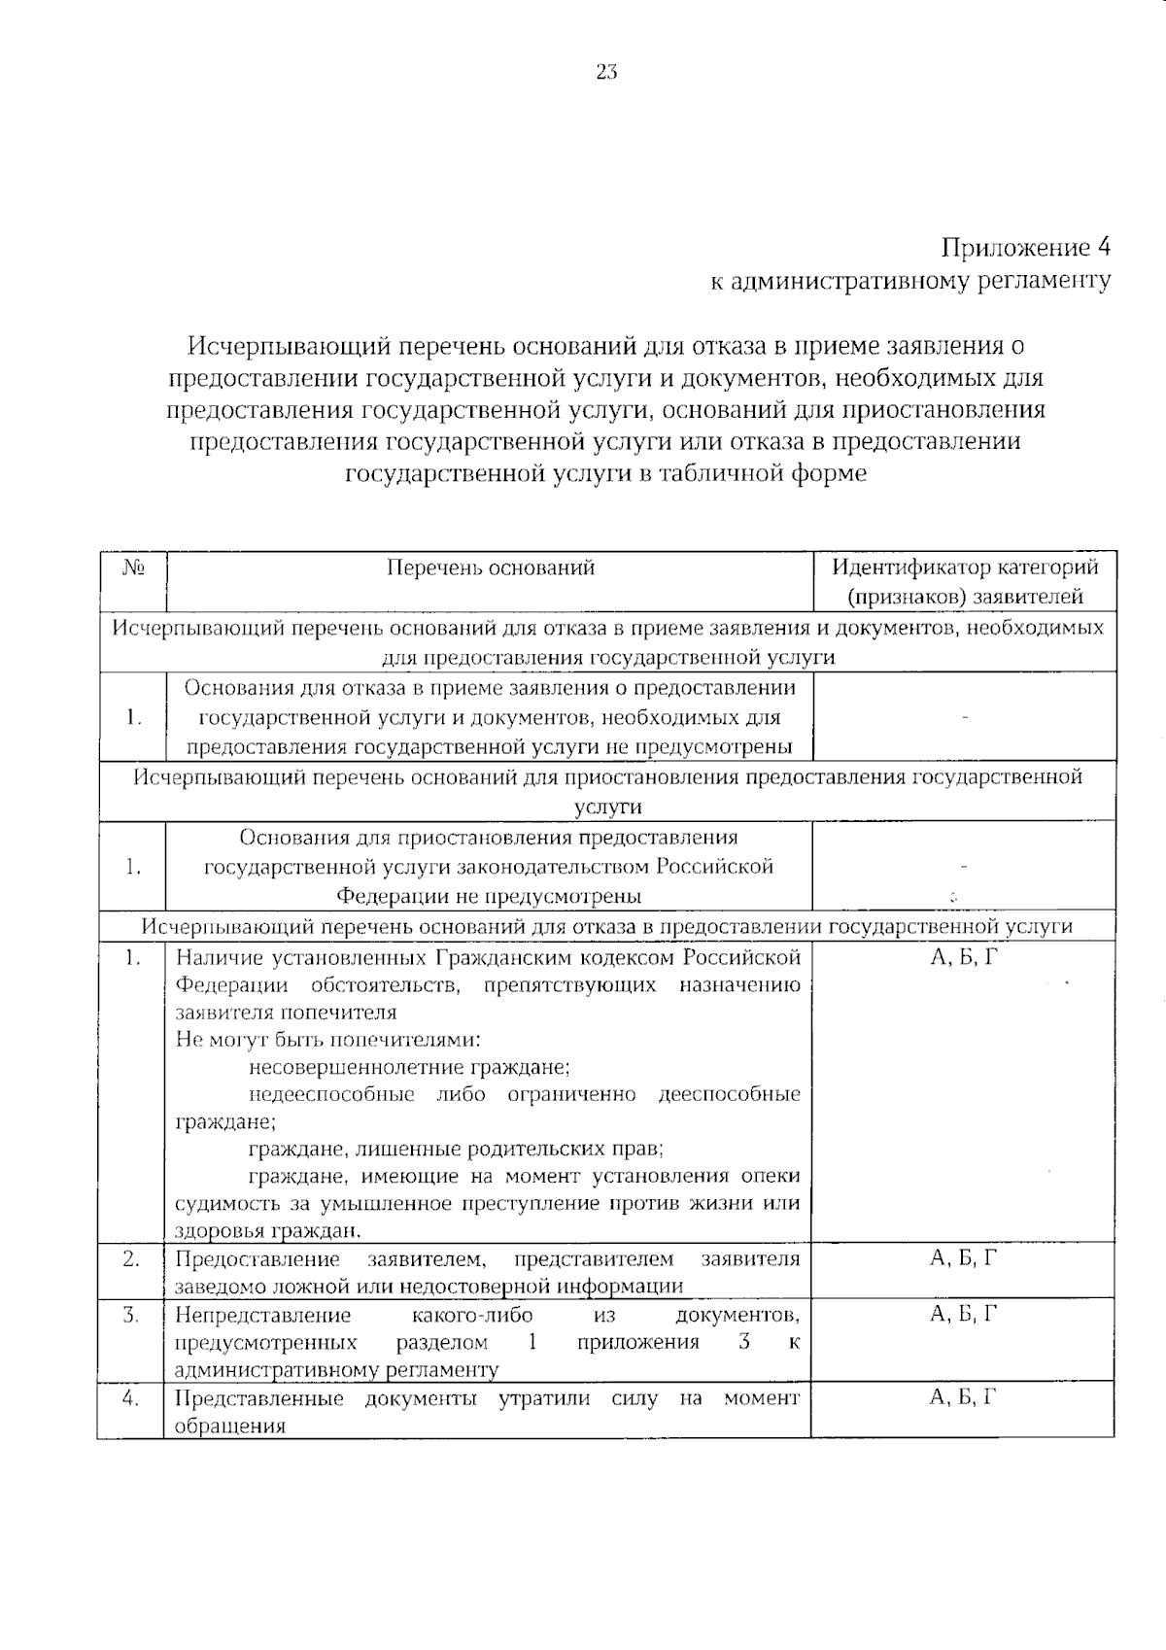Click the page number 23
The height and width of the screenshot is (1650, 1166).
coord(606,73)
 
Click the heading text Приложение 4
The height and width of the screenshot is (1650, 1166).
coord(1026,247)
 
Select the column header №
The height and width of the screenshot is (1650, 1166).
coord(133,567)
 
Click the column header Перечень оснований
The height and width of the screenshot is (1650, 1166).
coord(490,567)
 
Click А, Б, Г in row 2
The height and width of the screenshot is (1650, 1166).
coord(963,1258)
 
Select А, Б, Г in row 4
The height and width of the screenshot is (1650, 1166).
coord(963,1397)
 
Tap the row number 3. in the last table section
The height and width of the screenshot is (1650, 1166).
coord(131,1315)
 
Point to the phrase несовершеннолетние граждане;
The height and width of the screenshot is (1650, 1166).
coord(409,1067)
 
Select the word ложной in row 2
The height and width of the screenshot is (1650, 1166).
coord(293,1287)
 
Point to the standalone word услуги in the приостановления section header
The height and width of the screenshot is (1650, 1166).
coord(607,807)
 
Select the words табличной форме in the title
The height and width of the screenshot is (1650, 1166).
coord(764,474)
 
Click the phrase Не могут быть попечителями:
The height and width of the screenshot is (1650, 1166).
coord(328,1040)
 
